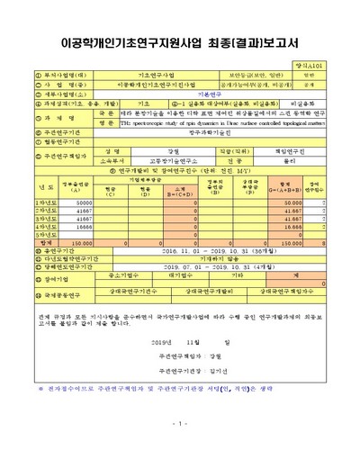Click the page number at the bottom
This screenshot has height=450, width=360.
tap(180, 422)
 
